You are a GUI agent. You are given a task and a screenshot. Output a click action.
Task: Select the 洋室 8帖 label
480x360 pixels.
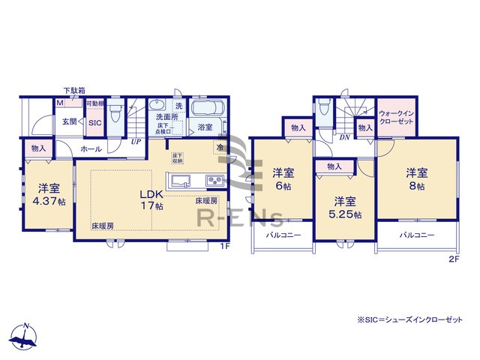tap(417, 177)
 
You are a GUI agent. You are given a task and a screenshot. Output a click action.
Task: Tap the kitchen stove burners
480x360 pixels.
tap(215, 181)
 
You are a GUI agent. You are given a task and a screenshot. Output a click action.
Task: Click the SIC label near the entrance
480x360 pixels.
tap(95, 122)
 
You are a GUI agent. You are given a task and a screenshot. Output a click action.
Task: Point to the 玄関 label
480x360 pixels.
tap(70, 121)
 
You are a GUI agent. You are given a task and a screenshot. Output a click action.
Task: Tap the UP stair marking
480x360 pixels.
tap(136, 141)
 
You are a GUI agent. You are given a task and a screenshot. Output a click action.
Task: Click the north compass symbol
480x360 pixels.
tap(25, 338)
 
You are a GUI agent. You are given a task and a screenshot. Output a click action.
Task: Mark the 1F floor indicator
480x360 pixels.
tap(224, 246)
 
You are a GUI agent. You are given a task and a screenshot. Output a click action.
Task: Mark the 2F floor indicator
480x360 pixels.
tap(453, 259)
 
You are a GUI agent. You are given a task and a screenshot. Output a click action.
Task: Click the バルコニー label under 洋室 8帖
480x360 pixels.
tap(414, 235)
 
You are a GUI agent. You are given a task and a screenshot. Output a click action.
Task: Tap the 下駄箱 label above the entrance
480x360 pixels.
tap(73, 91)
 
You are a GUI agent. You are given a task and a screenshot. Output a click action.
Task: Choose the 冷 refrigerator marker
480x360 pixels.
tap(220, 147)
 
